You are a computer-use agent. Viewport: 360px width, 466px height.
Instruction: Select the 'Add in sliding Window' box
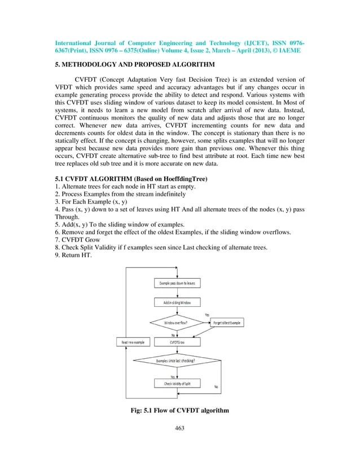click(x=175, y=304)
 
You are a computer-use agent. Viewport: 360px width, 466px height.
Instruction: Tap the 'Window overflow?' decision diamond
click(x=176, y=323)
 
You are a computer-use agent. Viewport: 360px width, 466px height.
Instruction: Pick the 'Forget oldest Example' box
click(x=226, y=323)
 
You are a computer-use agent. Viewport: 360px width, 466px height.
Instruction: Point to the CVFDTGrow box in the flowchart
click(x=176, y=342)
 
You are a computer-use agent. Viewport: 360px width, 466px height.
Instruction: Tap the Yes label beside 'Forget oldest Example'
click(x=207, y=314)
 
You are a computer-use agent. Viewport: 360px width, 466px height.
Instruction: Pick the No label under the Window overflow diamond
click(x=173, y=335)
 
